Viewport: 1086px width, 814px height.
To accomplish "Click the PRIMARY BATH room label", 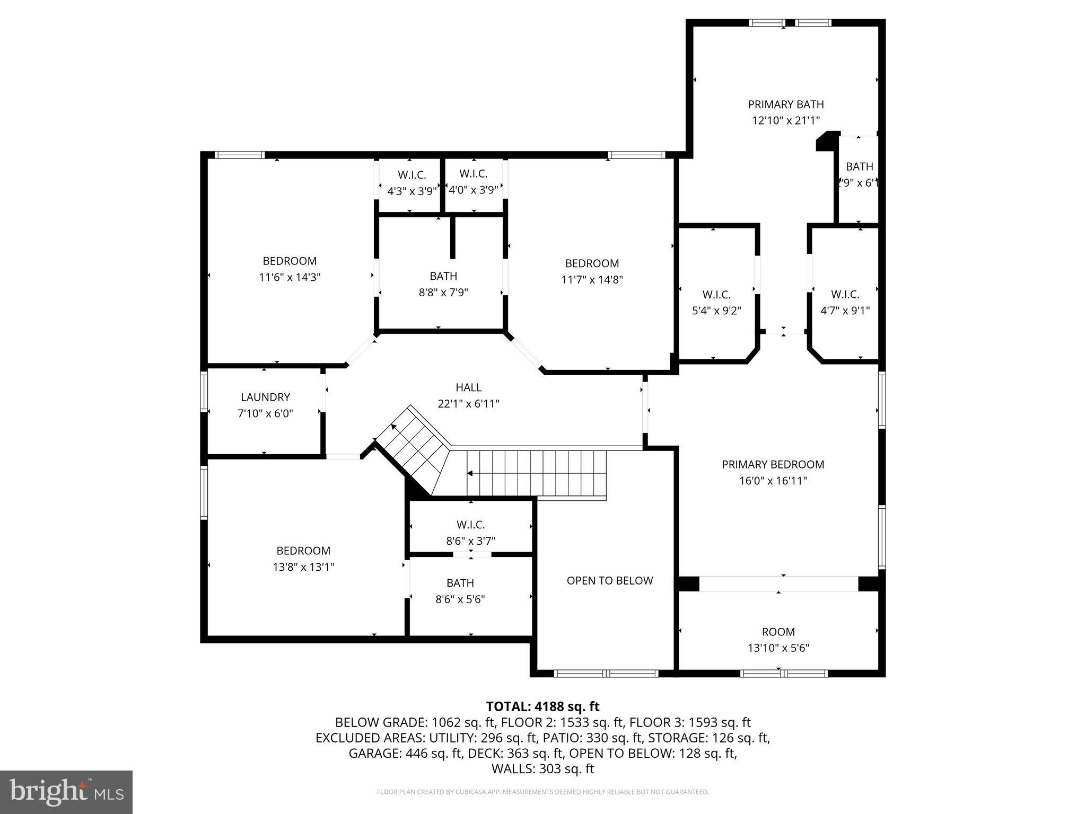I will coord(785,104).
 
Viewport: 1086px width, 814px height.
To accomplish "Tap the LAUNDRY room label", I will coord(265,397).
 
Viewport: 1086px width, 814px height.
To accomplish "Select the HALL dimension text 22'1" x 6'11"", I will coord(468,404).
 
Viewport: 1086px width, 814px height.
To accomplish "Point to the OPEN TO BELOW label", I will coord(609,580).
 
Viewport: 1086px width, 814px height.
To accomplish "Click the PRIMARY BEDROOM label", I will coord(773,464).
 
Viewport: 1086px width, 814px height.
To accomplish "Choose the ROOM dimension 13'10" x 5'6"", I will coord(778,648).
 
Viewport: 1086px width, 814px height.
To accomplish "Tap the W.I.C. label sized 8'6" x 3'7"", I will coord(470,525).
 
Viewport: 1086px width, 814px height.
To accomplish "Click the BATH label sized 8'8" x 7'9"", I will coord(443,276).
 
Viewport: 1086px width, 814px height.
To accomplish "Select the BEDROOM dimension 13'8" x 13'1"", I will coord(303,567).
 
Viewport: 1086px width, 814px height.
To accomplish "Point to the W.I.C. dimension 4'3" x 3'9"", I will coord(411,191).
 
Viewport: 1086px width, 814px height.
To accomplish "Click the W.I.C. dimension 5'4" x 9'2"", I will coord(716,311).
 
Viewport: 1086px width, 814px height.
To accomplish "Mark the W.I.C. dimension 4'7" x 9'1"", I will coord(845,311).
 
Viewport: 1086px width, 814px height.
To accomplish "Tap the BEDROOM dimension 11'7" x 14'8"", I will coord(592,279).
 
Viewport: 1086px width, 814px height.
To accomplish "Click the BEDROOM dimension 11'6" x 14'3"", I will coord(290,277).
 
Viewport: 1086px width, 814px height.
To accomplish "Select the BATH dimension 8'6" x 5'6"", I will coord(460,599).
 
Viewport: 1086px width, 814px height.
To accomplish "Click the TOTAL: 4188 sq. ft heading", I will coord(542,706).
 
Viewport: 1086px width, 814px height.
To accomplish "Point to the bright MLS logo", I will coord(66,792).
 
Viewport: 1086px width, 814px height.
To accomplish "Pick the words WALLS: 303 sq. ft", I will coord(542,768).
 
